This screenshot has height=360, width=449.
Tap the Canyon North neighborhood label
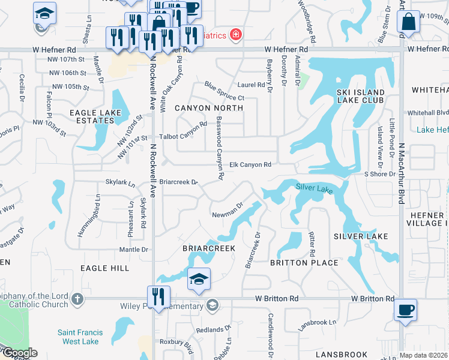pos(208,108)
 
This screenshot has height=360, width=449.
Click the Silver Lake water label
pos(314,188)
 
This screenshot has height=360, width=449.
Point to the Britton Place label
pos(304,262)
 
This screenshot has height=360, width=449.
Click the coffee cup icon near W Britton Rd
pos(405,311)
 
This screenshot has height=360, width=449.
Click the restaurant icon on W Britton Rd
pos(158,296)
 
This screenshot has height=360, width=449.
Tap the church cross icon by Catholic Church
pos(77,298)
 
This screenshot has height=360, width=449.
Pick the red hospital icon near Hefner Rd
pos(236,35)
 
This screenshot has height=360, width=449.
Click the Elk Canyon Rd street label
pos(251,164)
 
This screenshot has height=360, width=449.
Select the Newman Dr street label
pos(227,211)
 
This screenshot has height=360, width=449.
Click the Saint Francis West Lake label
pos(80,337)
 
